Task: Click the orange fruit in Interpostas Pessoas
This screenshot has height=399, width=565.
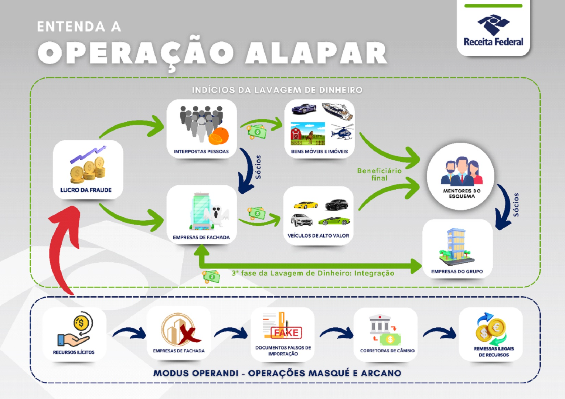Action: pos(218,136)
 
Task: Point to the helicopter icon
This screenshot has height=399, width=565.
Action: pos(342,132)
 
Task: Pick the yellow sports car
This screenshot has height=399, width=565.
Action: pos(306,205)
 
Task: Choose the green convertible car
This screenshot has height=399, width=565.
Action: pos(334,221)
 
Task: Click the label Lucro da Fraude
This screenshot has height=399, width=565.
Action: pos(86,190)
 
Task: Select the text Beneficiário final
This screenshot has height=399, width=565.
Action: pos(379,174)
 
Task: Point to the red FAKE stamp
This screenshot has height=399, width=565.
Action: pos(286,332)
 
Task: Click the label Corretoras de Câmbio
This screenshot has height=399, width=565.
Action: pos(387,351)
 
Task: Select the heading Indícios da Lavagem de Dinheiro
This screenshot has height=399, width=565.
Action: pos(277,90)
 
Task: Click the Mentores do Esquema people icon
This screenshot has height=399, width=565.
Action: pos(461,171)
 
